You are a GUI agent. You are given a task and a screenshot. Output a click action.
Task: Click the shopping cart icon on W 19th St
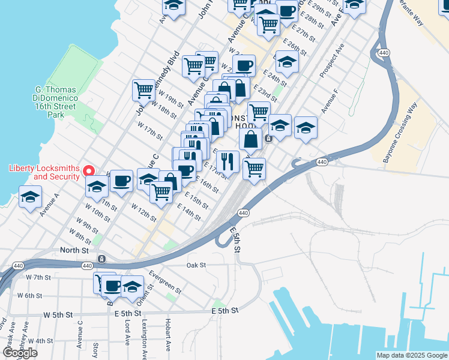point(144,90)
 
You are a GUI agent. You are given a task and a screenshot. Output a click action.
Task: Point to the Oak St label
point(196,265)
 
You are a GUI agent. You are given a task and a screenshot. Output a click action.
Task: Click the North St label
point(74,250)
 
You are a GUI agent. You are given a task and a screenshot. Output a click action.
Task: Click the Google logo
point(20,353)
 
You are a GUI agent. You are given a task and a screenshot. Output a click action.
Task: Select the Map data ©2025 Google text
point(411,355)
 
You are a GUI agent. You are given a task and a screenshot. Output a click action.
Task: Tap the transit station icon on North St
point(101,259)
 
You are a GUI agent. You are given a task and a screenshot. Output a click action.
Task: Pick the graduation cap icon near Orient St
point(132,286)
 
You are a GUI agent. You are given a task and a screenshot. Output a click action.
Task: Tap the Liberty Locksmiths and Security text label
point(44,172)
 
